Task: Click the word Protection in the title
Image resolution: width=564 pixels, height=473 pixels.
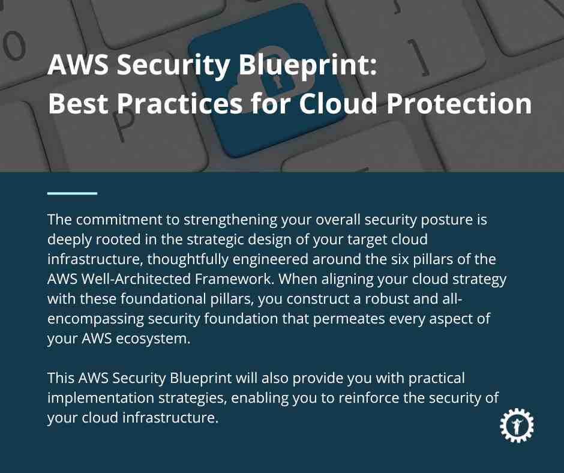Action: [459, 103]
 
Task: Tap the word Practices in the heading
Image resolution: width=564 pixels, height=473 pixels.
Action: [179, 103]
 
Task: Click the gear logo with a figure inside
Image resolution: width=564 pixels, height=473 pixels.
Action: [517, 425]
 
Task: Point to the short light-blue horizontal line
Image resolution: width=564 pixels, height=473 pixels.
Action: [72, 193]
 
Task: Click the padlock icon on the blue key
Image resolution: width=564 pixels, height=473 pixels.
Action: [275, 77]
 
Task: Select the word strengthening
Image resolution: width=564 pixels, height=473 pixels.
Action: [230, 220]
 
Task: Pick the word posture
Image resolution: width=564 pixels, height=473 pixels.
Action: [447, 220]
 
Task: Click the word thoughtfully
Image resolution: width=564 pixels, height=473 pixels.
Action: [188, 260]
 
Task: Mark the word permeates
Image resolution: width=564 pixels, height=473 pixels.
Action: [349, 319]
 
